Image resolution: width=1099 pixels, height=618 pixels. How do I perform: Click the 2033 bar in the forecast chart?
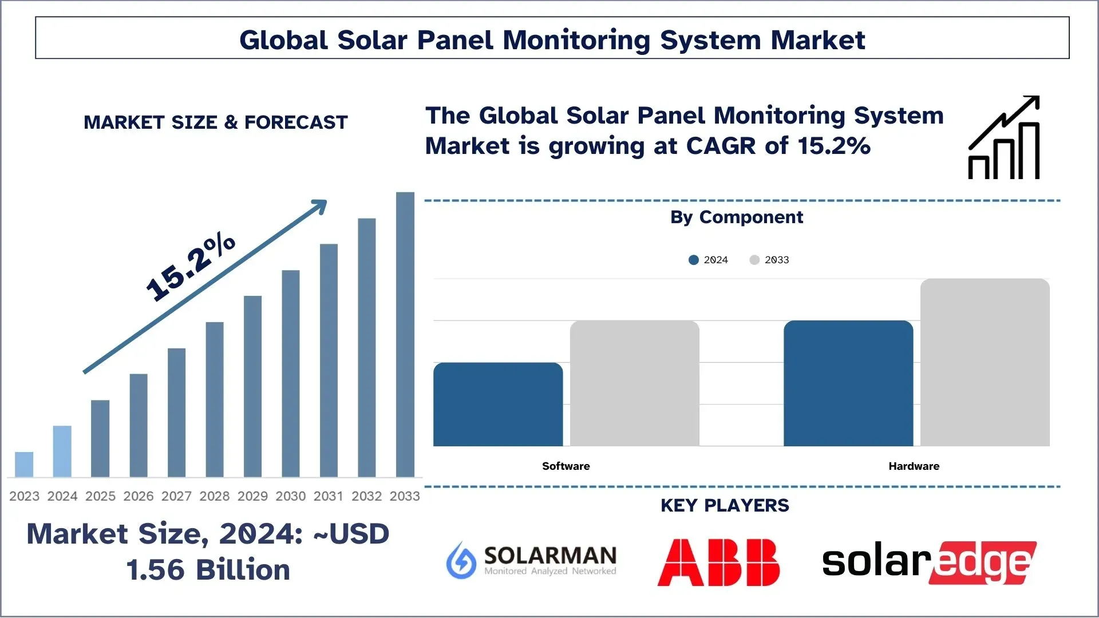click(x=405, y=335)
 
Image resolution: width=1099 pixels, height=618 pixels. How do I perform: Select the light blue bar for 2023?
click(x=24, y=465)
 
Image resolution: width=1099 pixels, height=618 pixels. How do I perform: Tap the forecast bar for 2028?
click(x=215, y=399)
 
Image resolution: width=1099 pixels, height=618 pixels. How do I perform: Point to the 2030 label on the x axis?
click(x=290, y=496)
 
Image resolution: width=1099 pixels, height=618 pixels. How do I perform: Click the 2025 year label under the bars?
click(x=100, y=496)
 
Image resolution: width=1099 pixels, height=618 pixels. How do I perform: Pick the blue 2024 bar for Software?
click(x=498, y=405)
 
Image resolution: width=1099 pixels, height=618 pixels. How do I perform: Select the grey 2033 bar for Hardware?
click(x=985, y=362)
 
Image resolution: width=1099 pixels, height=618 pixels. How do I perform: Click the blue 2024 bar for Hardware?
click(x=848, y=383)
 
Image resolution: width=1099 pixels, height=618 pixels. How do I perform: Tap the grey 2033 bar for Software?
click(x=634, y=383)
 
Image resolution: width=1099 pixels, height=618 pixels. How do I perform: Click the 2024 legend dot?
click(x=694, y=260)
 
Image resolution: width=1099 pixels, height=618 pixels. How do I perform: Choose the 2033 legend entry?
click(x=770, y=260)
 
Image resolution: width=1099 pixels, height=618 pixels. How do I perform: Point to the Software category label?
click(x=566, y=466)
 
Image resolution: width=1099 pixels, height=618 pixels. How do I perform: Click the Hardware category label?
click(x=914, y=466)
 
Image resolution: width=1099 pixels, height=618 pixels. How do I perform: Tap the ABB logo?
click(x=718, y=562)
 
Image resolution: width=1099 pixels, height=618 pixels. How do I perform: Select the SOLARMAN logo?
click(x=531, y=560)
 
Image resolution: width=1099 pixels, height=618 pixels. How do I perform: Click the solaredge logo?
click(x=928, y=562)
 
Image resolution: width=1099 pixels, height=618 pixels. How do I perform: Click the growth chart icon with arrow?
click(x=1004, y=138)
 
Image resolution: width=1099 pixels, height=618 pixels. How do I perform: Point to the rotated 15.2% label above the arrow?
click(x=190, y=267)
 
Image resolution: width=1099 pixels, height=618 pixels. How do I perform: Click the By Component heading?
click(x=736, y=217)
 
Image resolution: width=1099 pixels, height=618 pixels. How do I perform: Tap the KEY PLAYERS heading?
click(x=725, y=506)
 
